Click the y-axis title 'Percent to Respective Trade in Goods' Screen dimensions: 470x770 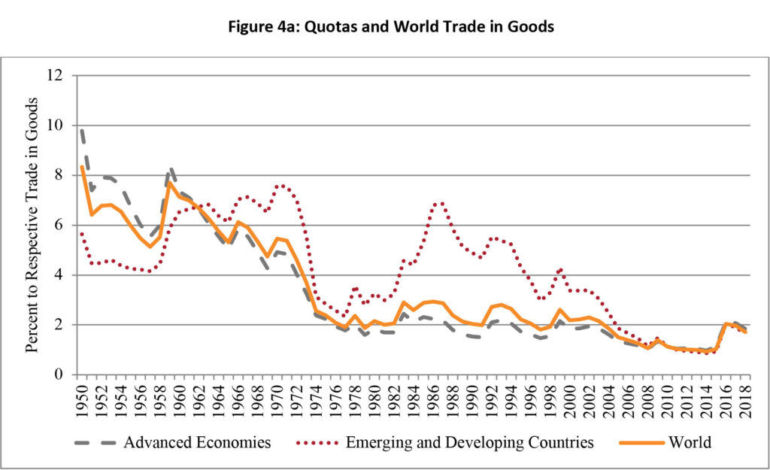pos(33,226)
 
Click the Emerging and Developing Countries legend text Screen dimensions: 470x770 pos(469,442)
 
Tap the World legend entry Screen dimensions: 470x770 pos(690,442)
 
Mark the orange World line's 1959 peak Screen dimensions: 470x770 pos(170,182)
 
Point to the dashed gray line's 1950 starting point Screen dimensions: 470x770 pos(81,129)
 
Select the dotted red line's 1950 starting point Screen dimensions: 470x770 pos(81,233)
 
